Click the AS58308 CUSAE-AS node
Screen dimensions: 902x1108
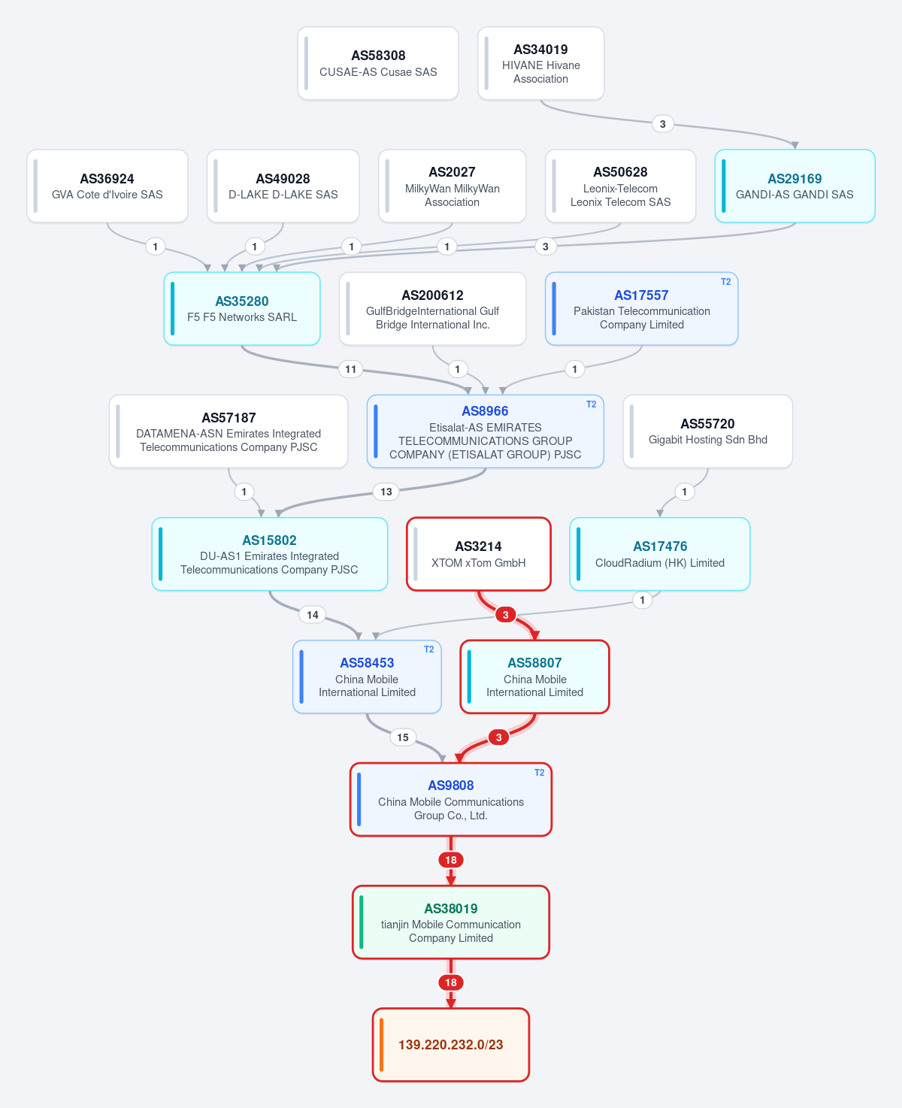pyautogui.click(x=377, y=63)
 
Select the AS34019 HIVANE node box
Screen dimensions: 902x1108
pyautogui.click(x=540, y=63)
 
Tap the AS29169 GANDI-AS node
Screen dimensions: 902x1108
pyautogui.click(x=795, y=186)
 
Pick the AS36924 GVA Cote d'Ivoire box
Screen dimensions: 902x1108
pyautogui.click(x=107, y=186)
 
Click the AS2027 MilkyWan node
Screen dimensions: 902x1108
pyautogui.click(x=452, y=186)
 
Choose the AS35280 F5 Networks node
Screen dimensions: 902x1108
pyautogui.click(x=242, y=308)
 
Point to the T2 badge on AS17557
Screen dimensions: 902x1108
pyautogui.click(x=725, y=282)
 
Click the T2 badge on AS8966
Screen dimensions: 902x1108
pyautogui.click(x=592, y=404)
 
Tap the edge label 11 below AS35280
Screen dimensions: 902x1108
pyautogui.click(x=350, y=369)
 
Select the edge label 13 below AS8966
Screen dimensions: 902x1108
pyautogui.click(x=386, y=492)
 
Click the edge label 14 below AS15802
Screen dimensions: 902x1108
pyautogui.click(x=312, y=615)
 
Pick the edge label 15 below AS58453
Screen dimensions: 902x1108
pyautogui.click(x=403, y=737)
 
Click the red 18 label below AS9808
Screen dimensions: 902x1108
pyautogui.click(x=451, y=860)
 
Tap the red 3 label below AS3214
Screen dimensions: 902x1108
pyautogui.click(x=505, y=615)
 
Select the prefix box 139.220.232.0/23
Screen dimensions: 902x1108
pyautogui.click(x=451, y=1045)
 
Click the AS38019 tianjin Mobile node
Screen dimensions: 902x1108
pyautogui.click(x=451, y=922)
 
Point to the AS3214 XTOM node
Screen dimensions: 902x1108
pyautogui.click(x=479, y=554)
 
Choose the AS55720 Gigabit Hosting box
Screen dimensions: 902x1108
pyautogui.click(x=707, y=431)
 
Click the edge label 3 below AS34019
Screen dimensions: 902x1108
pyautogui.click(x=662, y=124)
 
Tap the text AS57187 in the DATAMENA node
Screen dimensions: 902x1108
pyautogui.click(x=229, y=418)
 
